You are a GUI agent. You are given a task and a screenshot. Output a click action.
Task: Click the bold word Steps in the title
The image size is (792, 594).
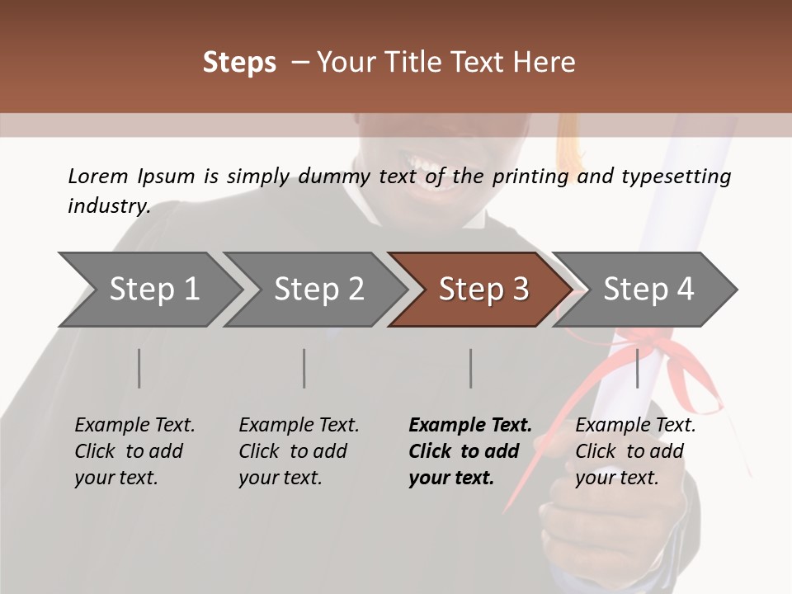click(239, 63)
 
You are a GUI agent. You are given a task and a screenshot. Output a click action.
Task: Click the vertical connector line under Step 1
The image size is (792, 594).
click(139, 368)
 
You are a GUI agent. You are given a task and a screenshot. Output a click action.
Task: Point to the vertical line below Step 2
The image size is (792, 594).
click(304, 368)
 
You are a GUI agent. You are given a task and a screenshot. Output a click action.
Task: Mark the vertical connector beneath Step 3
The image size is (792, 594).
click(470, 368)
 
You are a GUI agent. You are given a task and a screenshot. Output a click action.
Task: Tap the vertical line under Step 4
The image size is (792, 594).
click(637, 368)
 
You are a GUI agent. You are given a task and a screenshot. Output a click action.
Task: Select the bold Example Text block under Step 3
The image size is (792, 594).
click(469, 451)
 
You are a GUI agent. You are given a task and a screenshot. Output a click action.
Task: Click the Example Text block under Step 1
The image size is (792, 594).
click(134, 451)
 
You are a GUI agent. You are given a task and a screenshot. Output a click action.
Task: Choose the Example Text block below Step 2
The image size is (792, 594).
click(299, 451)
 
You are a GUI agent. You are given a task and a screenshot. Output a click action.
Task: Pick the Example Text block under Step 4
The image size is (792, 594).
click(635, 451)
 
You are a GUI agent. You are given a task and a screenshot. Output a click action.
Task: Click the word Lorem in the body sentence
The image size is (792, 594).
click(98, 176)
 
